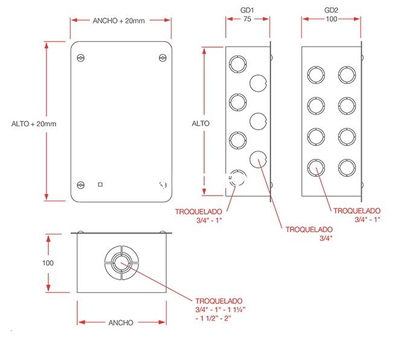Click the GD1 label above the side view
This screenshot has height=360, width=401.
point(247,10)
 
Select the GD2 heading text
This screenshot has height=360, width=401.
point(331,10)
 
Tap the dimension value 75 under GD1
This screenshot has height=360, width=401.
point(247,19)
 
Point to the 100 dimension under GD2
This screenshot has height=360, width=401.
point(331,19)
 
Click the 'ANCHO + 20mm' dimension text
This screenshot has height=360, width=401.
point(118,21)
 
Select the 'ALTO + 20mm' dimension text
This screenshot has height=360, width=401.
point(34,124)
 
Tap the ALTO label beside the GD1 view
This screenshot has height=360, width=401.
point(200,124)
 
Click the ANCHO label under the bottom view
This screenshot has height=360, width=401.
point(121,323)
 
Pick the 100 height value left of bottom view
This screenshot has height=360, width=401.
point(48,263)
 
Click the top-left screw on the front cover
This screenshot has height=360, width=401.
point(81,58)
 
